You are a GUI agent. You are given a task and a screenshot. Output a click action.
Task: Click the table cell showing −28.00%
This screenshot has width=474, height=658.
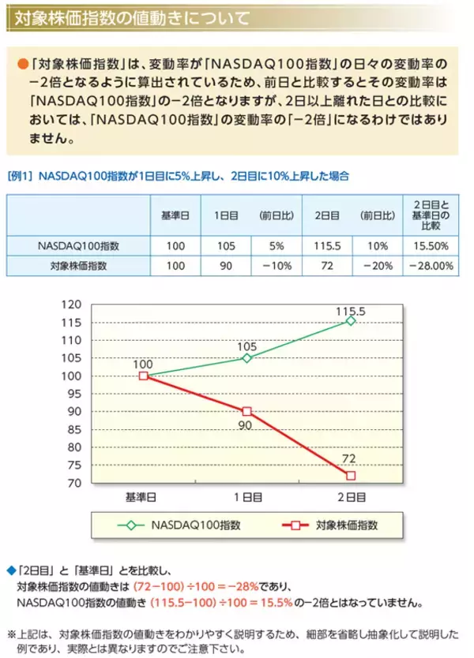431,266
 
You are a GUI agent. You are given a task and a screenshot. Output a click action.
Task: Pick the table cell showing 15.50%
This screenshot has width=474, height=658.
431,245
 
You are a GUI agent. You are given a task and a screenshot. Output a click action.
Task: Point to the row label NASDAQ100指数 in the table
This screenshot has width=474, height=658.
78,245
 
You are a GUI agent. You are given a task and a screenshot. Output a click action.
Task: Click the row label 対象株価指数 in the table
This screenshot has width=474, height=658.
78,266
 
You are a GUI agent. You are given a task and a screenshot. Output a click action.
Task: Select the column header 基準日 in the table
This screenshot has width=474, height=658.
175,215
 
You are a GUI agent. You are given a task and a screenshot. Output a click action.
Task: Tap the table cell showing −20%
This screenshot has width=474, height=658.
377,266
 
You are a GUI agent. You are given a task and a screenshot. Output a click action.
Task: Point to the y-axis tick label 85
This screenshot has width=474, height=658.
74,429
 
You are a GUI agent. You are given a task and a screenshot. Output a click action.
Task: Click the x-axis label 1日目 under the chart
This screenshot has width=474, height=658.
246,497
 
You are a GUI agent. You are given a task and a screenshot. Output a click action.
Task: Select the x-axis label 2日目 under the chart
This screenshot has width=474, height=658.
351,497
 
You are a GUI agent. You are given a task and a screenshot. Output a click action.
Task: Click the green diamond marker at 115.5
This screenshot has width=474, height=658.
351,320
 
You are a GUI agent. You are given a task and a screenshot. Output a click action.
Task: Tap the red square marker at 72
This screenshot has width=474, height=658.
351,475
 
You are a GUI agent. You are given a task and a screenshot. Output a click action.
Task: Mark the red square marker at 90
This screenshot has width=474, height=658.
246,411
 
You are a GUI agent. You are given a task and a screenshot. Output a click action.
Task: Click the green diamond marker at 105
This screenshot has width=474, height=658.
246,357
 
